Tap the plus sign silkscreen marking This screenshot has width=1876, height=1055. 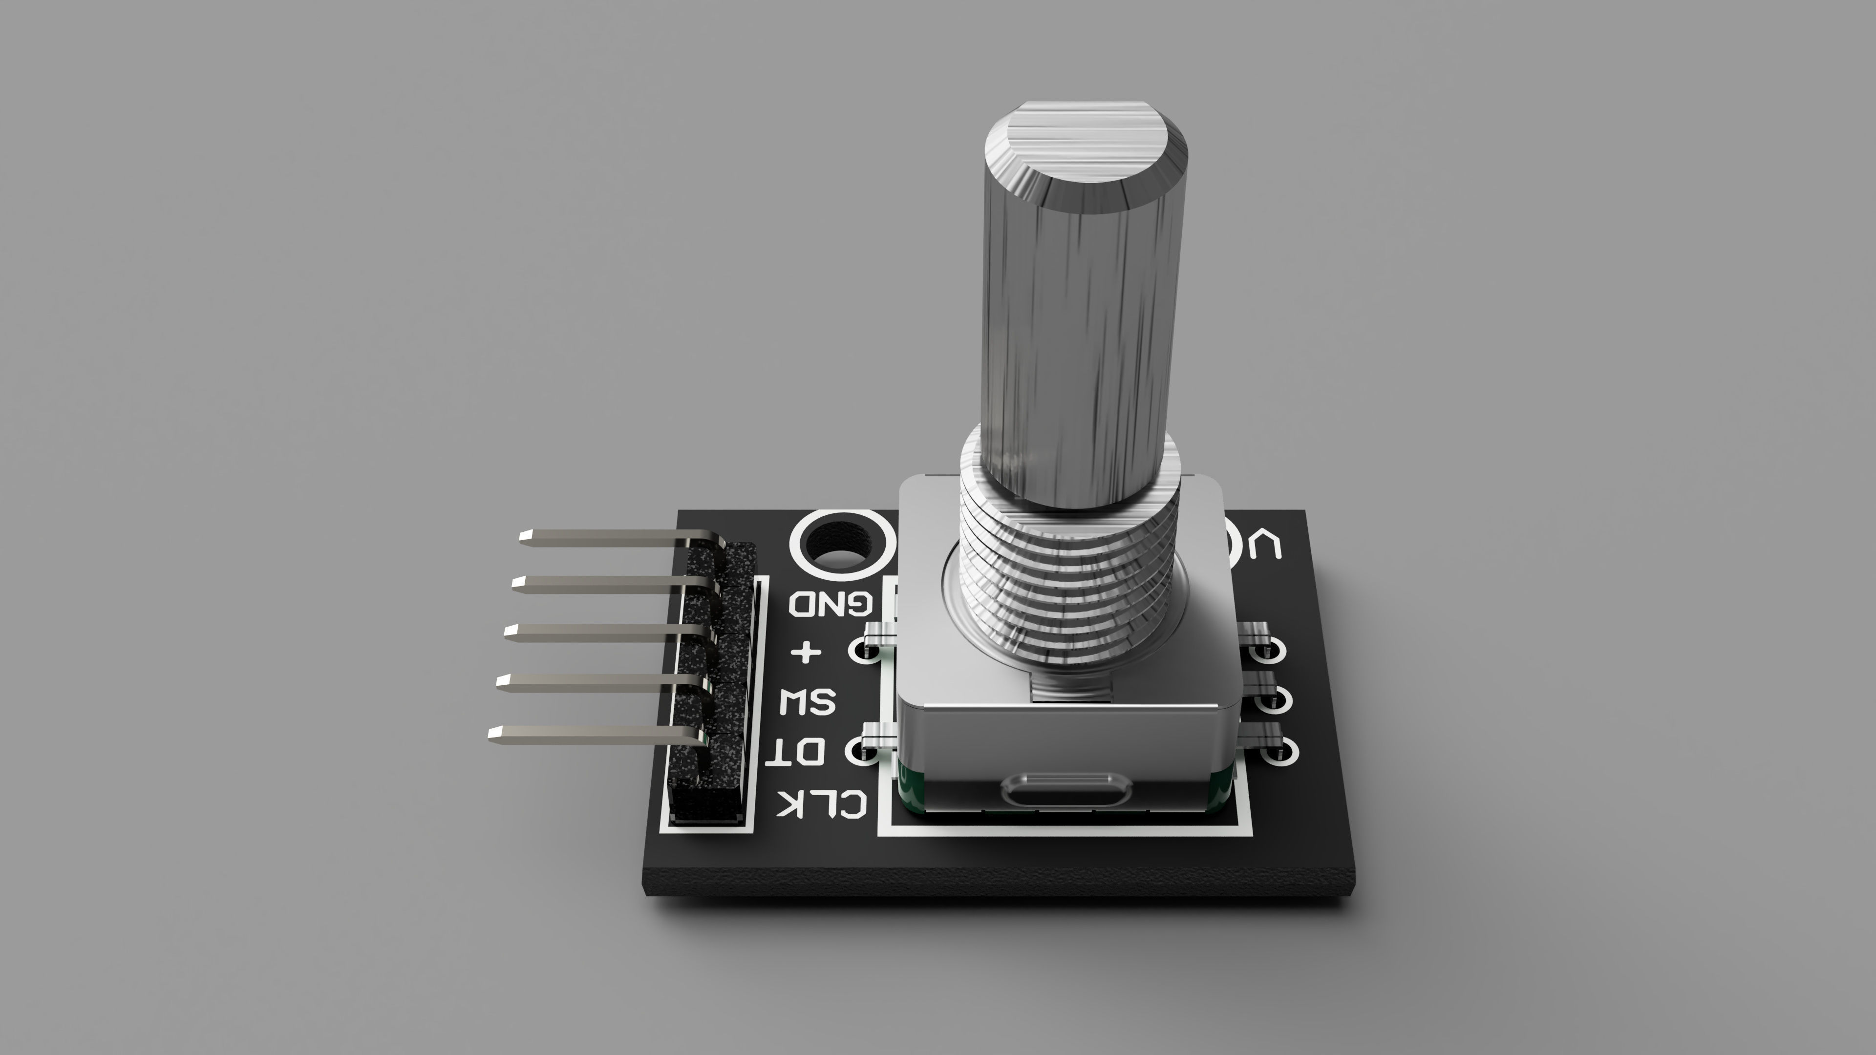point(806,652)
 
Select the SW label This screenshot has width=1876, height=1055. point(808,703)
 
